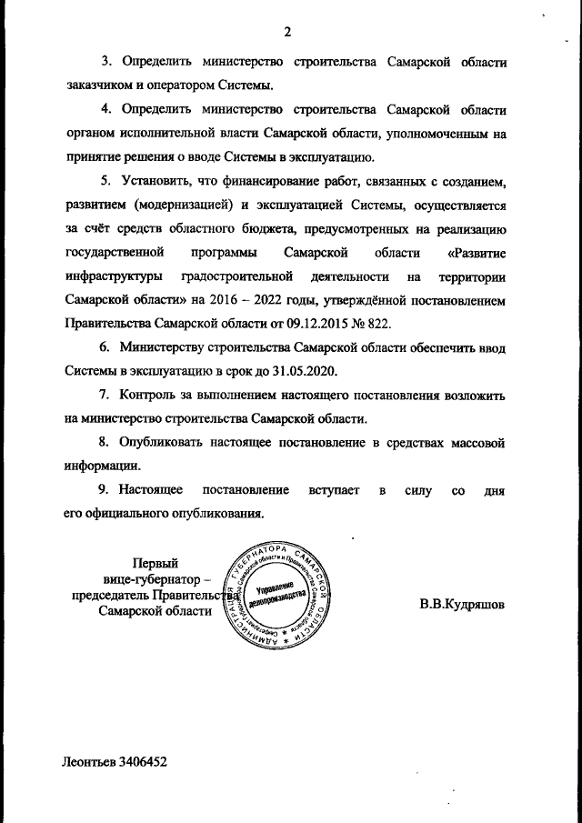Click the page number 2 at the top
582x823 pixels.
point(287,34)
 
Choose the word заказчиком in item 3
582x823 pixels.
point(104,85)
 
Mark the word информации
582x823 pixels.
point(101,467)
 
